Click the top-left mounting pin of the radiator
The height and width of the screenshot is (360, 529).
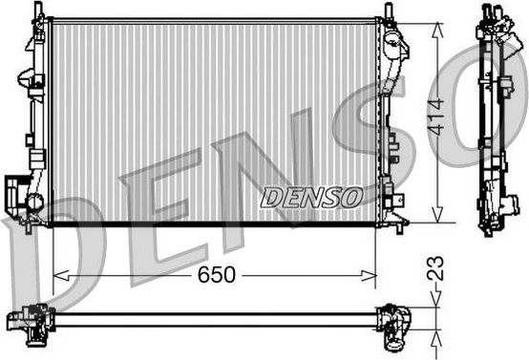pyautogui.click(x=39, y=11)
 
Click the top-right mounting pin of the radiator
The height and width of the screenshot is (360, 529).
pyautogui.click(x=389, y=11)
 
